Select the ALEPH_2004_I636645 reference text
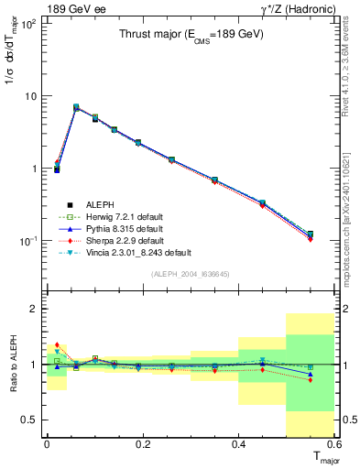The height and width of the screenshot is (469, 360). [x=190, y=275]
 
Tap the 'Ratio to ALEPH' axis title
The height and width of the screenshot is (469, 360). [x=12, y=365]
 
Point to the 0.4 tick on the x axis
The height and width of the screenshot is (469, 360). [x=238, y=444]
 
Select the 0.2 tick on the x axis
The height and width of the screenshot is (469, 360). [x=142, y=444]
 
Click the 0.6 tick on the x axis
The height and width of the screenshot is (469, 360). [x=333, y=444]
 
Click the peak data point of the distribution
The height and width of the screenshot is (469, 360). [x=76, y=107]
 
